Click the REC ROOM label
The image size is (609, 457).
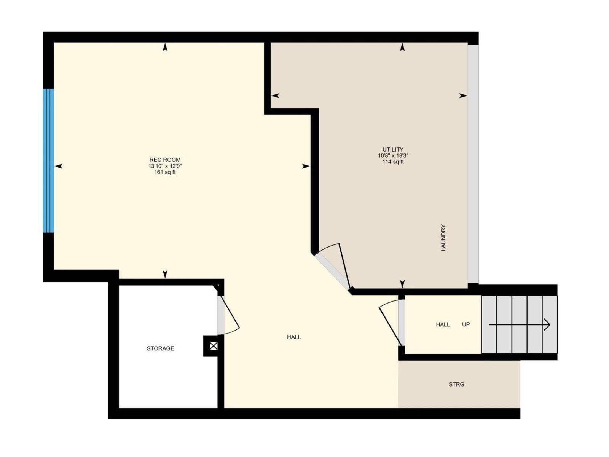[x=165, y=160]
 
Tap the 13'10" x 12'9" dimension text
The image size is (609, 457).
[x=165, y=166]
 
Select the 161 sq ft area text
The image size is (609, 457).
[x=165, y=172]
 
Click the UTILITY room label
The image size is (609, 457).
[x=393, y=150]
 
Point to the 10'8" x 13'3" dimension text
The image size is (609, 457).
[x=393, y=156]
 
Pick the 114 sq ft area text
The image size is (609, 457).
[x=393, y=162]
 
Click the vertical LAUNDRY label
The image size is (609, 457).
[x=443, y=238]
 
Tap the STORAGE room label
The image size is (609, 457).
[x=160, y=348]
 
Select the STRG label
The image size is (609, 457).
[x=456, y=384]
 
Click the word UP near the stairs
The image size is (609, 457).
[x=466, y=324]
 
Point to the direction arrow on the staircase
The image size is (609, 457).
[x=520, y=325]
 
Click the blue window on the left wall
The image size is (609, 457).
[x=48, y=160]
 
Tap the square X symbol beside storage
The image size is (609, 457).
[x=214, y=346]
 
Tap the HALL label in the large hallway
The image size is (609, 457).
[x=294, y=337]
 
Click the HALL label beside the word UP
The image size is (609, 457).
[x=443, y=324]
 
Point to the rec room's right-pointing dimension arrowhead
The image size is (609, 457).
[x=306, y=166]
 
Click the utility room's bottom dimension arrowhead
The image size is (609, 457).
[x=402, y=284]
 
